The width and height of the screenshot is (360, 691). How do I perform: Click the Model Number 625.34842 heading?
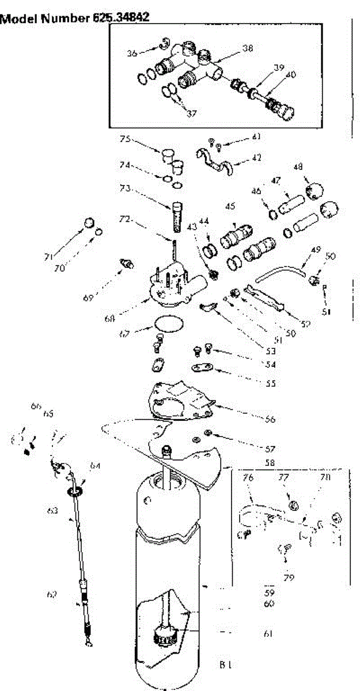click(x=75, y=18)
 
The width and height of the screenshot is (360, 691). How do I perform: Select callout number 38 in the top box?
click(x=247, y=50)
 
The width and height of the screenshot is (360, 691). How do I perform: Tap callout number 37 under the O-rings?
click(x=192, y=113)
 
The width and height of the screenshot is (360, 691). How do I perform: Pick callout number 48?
click(x=298, y=167)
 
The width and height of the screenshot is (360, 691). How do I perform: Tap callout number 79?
click(x=289, y=576)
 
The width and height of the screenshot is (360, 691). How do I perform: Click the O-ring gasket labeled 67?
click(x=169, y=322)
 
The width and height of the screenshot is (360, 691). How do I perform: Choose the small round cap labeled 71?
click(x=89, y=223)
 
